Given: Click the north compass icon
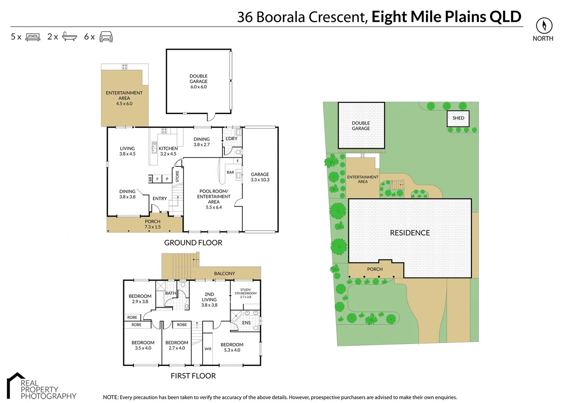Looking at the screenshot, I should (x=544, y=26).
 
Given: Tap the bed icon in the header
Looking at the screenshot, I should (x=33, y=37).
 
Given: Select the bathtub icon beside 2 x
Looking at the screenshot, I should (x=69, y=37).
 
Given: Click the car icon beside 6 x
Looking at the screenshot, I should (x=106, y=37).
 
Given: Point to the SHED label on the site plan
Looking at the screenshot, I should (x=458, y=118).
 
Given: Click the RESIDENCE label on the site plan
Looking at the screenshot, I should (x=410, y=233).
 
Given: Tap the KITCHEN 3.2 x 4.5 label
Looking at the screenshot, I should (x=168, y=151).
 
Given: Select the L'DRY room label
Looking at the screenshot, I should (x=231, y=138).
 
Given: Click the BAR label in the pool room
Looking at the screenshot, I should (x=230, y=172).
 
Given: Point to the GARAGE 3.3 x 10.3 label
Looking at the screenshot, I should (x=260, y=177).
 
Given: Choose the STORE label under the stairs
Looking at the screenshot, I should (x=177, y=176).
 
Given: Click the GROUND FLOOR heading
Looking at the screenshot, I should (x=193, y=243).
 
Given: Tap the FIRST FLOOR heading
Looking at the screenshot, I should (x=193, y=376).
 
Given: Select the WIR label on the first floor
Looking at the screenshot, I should (x=208, y=349).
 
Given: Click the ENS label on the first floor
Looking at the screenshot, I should (x=246, y=323).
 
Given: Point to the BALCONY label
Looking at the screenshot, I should (x=224, y=274).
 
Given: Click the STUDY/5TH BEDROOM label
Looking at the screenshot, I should (x=245, y=293).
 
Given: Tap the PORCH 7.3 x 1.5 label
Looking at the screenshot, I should (x=152, y=224).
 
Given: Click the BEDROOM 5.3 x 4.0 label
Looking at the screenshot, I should (x=232, y=347).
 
